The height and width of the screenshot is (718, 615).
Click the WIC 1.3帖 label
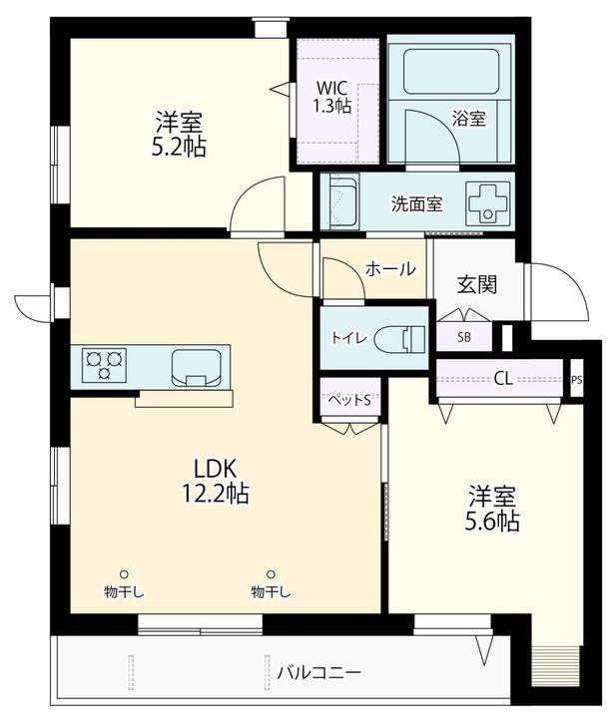332,97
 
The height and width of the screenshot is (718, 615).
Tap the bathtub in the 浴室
451,71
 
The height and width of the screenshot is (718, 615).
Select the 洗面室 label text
416,203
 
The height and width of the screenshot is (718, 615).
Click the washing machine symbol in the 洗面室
488,203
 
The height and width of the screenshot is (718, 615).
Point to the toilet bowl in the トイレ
399,340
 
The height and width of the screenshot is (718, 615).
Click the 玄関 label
477,285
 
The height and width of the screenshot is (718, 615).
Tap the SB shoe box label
464,337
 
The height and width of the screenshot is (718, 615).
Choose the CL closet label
503,378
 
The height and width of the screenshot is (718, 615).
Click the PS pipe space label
576,380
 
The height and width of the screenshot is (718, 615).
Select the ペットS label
349,400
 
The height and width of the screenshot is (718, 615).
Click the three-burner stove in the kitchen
104,365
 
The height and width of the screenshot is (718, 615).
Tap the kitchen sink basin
196,367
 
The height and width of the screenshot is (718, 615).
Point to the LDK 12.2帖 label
216,481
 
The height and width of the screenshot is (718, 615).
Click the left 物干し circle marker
124,573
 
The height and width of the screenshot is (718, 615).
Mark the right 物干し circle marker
271,573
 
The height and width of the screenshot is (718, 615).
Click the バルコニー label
319,673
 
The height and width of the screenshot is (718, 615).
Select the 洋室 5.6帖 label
492,509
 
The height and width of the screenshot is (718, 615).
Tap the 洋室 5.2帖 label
179,134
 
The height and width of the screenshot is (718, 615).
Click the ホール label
390,269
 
